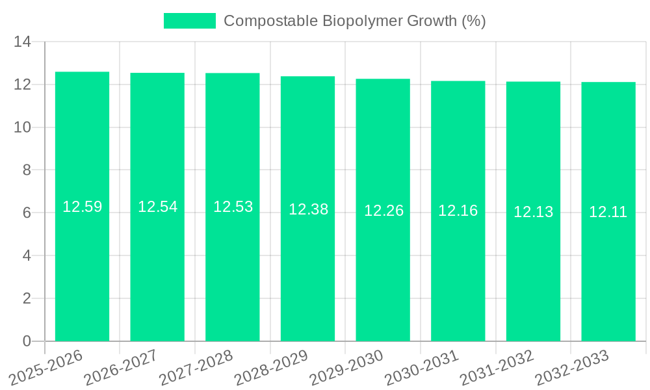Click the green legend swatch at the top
coord(189,21)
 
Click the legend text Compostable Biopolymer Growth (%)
coord(354,21)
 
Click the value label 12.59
coord(82,207)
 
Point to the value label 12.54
coord(157,207)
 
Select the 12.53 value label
coord(233,207)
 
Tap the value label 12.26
coord(383,211)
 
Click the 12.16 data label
coord(458,211)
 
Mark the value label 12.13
coord(533,212)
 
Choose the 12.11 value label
coord(608,212)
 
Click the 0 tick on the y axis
coord(27,341)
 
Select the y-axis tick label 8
coord(27,170)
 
